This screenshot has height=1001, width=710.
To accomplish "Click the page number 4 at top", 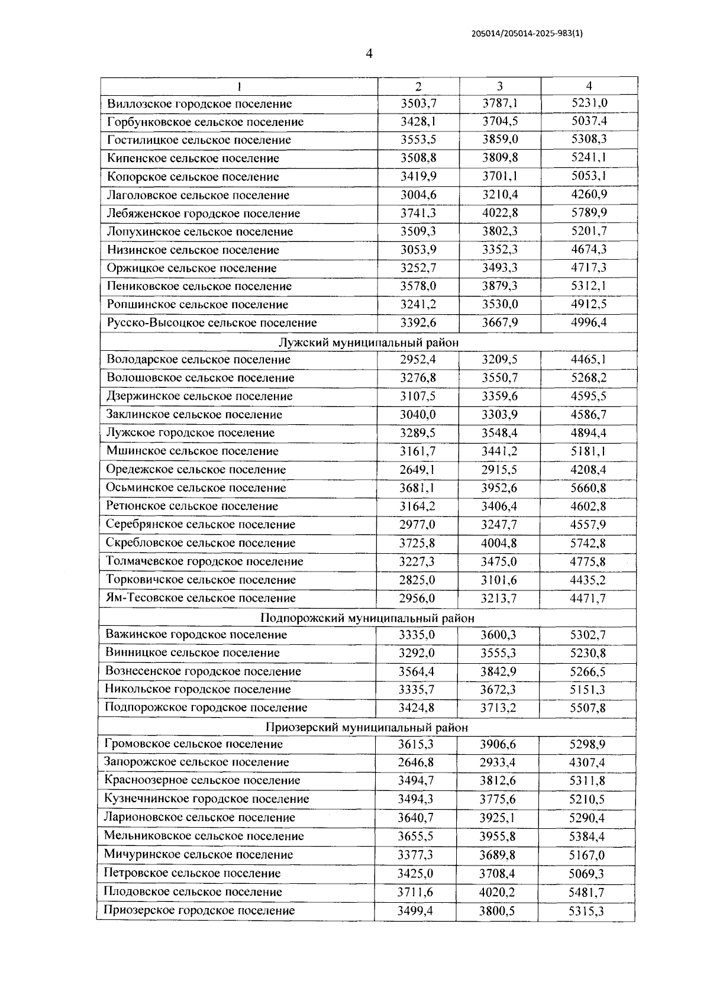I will [369, 54].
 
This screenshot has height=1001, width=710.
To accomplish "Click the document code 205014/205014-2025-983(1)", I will [527, 34].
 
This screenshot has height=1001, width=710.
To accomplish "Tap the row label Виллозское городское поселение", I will [199, 104].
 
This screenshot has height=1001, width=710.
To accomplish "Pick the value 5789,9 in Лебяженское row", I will [589, 212].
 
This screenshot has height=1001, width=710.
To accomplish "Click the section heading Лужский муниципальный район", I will [368, 343].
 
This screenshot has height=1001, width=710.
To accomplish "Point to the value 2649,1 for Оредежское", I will [418, 469].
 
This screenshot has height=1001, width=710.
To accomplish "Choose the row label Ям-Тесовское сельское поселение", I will [201, 598].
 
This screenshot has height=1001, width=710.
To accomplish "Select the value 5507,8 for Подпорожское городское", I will [588, 708].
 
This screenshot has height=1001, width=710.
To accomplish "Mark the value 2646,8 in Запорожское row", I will [416, 763].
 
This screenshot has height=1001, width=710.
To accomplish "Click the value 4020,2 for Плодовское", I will [497, 892].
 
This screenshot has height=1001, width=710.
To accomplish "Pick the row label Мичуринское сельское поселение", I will [198, 855].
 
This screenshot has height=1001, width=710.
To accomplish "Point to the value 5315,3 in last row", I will [586, 911].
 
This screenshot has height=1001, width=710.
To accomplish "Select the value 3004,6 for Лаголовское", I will [418, 195].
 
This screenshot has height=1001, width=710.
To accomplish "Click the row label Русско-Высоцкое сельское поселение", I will [212, 323].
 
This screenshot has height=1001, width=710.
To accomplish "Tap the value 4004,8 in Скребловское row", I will [499, 543].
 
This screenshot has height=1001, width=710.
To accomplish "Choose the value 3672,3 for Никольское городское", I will [498, 690].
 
